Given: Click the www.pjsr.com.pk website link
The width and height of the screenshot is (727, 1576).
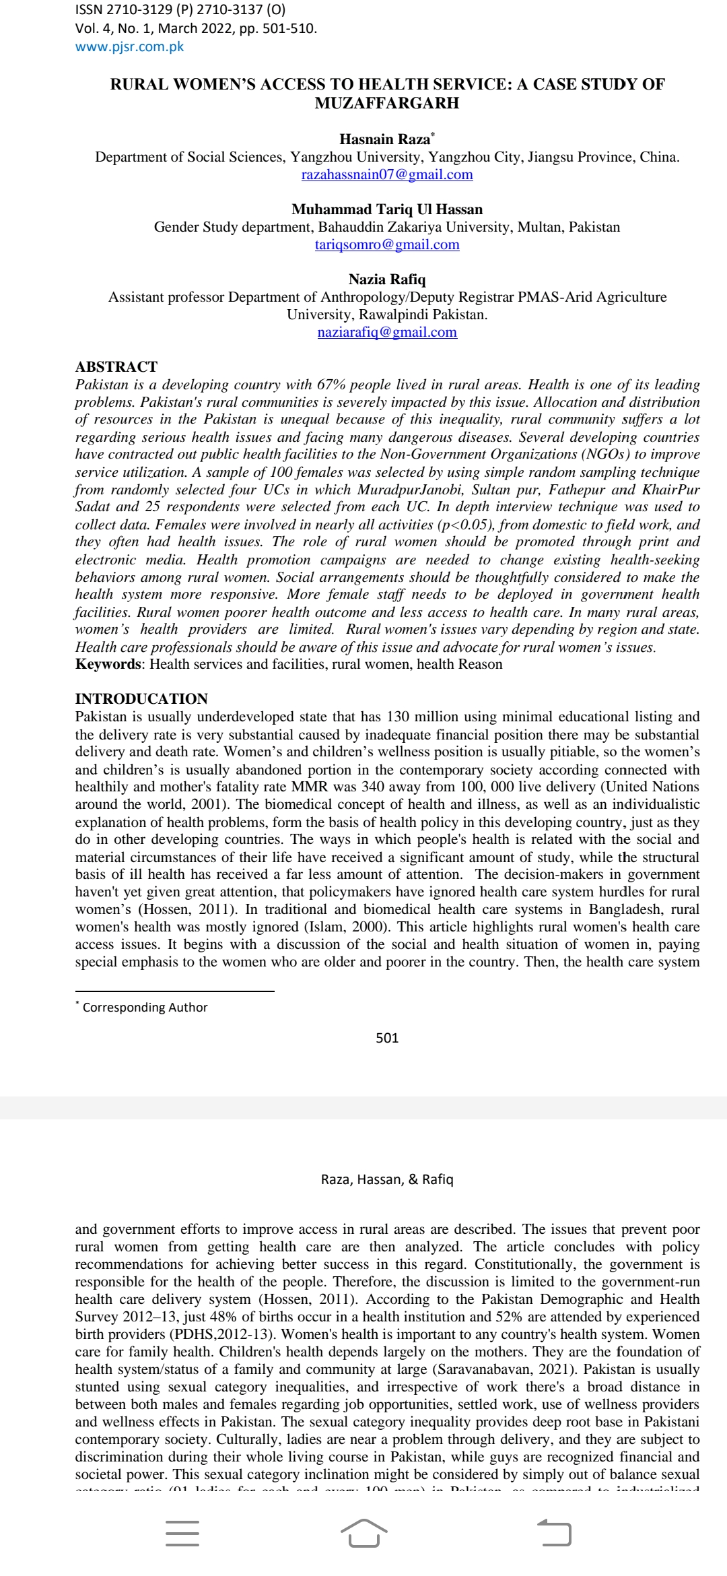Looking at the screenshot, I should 129,47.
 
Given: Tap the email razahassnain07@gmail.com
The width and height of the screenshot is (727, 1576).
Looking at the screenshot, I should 387,175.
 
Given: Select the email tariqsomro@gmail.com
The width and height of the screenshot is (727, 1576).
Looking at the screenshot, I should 387,245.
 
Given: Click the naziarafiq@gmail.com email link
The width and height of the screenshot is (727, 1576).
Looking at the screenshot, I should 387,333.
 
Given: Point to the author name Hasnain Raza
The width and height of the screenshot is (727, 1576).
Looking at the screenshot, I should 384,139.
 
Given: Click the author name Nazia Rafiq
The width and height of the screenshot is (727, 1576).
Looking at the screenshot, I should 387,280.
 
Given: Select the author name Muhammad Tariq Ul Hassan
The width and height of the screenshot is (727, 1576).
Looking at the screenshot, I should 387,209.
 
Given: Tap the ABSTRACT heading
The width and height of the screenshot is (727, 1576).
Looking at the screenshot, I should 116,367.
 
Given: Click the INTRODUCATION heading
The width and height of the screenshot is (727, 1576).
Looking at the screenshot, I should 141,699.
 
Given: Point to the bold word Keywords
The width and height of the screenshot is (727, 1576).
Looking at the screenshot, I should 108,665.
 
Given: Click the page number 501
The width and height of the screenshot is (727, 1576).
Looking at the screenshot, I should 387,1038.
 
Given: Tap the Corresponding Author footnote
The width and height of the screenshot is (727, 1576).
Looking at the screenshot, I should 145,1008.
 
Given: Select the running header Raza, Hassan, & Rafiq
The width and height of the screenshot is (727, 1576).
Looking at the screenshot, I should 387,1179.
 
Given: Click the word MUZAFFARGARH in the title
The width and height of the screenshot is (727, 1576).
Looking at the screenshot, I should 387,104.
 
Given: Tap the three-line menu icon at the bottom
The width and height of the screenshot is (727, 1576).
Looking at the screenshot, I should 182,1534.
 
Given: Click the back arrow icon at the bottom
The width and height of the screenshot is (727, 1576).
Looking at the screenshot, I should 555,1534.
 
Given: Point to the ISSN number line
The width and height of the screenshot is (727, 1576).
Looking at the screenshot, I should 180,10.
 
